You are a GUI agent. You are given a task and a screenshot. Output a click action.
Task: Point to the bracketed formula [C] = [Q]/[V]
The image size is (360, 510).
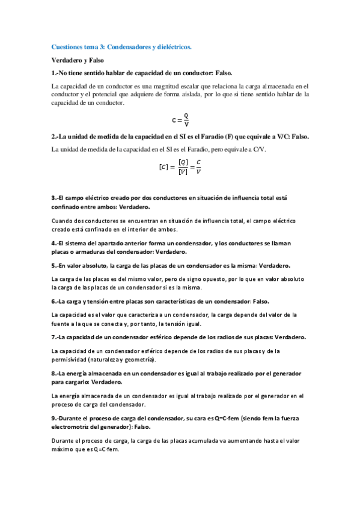(x=180, y=167)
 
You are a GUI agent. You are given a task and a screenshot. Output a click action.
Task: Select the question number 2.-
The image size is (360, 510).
(x=56, y=137)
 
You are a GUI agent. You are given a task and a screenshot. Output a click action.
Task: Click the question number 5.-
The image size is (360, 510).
(x=56, y=265)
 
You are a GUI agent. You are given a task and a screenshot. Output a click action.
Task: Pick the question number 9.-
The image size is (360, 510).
(x=56, y=417)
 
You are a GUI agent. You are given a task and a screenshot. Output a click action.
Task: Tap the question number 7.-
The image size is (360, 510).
(x=56, y=337)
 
